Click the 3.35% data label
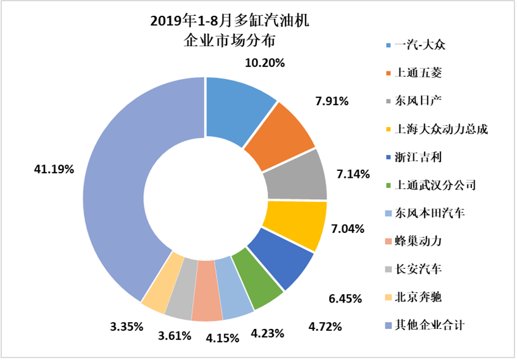pos(127,326)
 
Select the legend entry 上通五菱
pos(418,73)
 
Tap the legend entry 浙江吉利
pos(418,158)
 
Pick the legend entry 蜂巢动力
pos(418,241)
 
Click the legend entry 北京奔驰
pos(418,297)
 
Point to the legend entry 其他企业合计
pos(427,325)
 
